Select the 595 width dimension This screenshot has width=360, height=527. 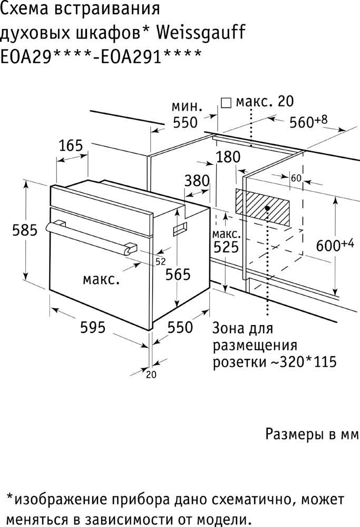[x=93, y=327]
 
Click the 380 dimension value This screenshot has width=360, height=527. [x=197, y=181]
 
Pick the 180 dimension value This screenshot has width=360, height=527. [x=228, y=157]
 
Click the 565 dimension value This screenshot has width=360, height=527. [x=178, y=274]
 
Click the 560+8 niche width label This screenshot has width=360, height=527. [x=308, y=122]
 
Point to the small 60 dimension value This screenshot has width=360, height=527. [x=295, y=178]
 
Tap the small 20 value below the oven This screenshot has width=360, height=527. [x=152, y=375]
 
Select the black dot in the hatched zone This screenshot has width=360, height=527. [x=268, y=208]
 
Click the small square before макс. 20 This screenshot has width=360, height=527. [x=226, y=102]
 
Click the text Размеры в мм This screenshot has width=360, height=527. [x=312, y=435]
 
